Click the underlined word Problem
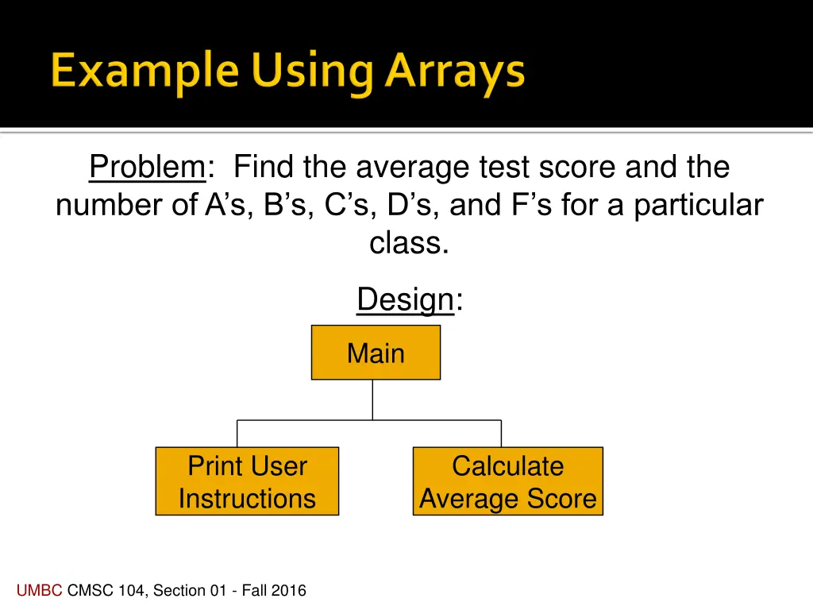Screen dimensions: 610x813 coord(147,168)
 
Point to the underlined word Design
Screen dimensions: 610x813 coord(405,300)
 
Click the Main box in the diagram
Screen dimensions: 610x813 coord(376,353)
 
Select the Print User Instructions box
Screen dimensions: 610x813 coord(247,482)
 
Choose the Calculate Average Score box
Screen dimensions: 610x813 coord(507,482)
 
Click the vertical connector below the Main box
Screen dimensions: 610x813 coord(372,400)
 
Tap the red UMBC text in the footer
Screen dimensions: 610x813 coord(40,590)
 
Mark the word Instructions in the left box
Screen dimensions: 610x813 coord(247,499)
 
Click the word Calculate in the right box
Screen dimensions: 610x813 coord(507,466)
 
